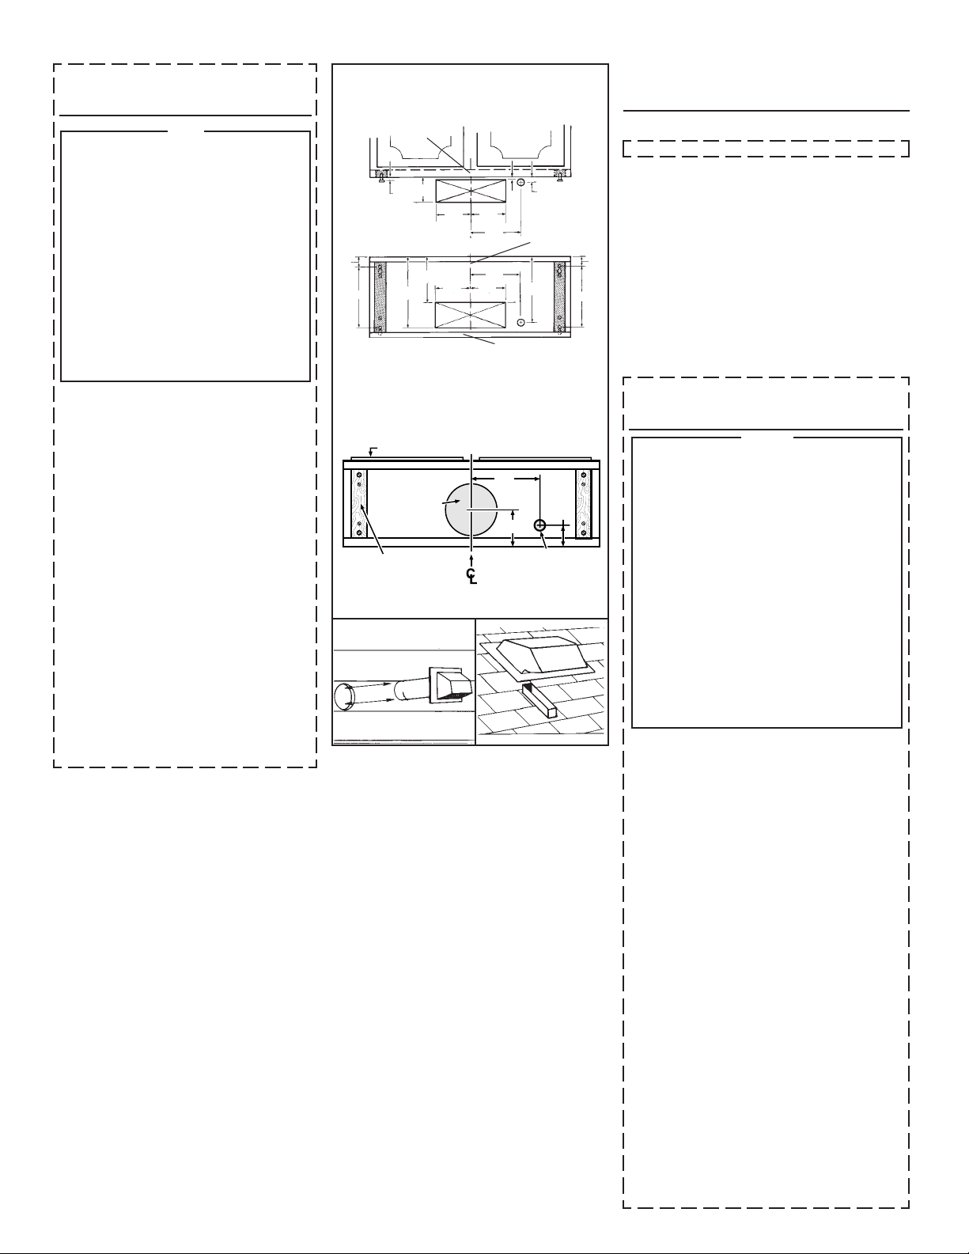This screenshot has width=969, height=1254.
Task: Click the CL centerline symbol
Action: (471, 576)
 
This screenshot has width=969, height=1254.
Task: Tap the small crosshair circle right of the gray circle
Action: (539, 525)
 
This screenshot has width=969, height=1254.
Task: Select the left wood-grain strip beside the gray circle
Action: (359, 504)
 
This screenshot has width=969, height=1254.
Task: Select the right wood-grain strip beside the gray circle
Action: (584, 504)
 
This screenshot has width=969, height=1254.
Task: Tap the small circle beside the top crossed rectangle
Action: (520, 182)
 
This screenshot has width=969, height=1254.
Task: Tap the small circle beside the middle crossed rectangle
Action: (520, 321)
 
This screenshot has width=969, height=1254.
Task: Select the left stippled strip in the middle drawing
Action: (380, 297)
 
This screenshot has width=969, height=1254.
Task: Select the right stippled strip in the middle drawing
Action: (559, 297)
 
